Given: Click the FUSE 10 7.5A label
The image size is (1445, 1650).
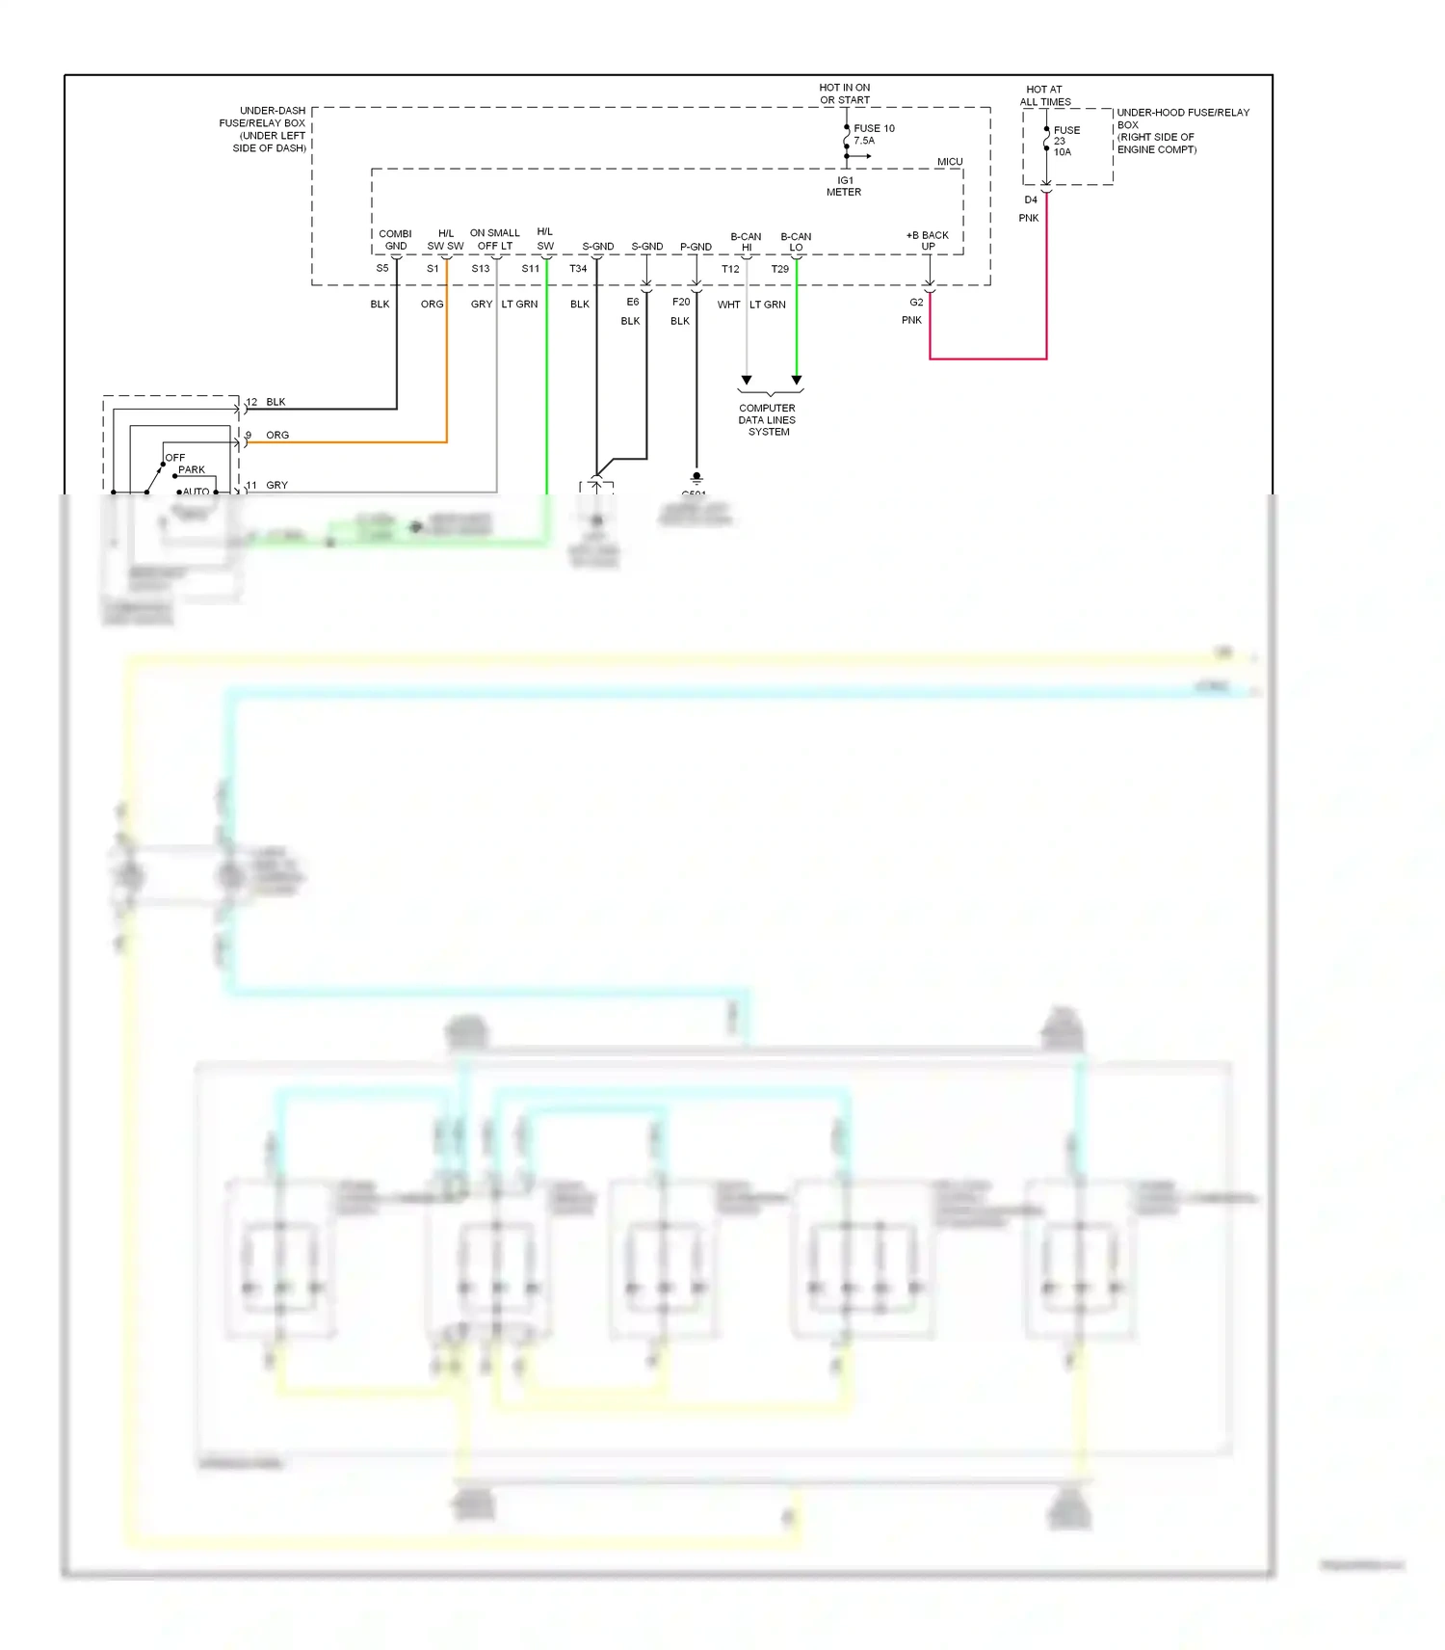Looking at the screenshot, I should click(873, 134).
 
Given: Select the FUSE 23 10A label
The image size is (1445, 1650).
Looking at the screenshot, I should click(1065, 141).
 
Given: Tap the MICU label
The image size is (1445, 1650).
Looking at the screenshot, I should click(949, 162).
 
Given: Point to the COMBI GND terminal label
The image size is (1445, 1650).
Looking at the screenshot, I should click(395, 240).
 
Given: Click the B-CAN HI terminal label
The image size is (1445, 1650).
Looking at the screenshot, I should click(746, 242).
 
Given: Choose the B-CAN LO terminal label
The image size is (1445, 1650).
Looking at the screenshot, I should click(796, 242).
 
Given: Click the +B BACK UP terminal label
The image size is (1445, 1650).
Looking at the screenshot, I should click(928, 241).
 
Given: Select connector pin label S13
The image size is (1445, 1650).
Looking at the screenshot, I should click(481, 269).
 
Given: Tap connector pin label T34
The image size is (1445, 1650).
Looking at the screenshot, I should click(578, 269).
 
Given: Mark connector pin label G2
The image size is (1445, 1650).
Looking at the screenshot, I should click(916, 303).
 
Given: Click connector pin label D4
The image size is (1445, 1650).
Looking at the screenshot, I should click(1031, 200).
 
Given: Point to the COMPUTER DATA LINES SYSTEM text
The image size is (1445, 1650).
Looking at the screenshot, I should click(768, 420).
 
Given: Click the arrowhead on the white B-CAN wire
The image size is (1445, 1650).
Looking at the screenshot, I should click(747, 381).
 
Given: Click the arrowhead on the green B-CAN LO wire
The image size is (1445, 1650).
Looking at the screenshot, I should click(797, 381).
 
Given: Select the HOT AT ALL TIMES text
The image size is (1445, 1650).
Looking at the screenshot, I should click(1045, 95).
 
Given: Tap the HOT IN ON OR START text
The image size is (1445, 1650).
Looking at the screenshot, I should click(845, 93).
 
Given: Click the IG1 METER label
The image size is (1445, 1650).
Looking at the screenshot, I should click(844, 186).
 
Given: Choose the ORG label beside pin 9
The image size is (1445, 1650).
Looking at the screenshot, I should click(277, 436).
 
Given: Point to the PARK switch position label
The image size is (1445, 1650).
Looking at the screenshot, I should click(192, 470).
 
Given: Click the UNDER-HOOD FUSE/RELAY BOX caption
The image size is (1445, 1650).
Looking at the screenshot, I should click(1182, 131).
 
